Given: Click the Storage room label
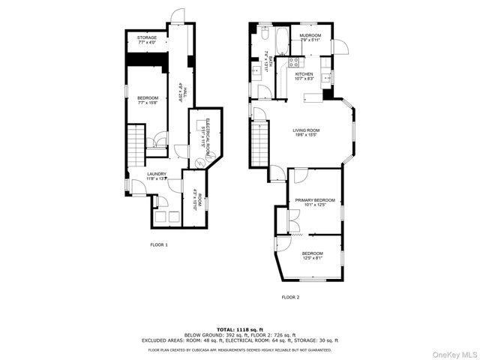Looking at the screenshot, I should (147, 39).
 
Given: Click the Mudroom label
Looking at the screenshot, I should (310, 38).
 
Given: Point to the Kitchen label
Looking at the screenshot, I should (304, 76).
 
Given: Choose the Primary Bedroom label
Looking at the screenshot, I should (314, 202).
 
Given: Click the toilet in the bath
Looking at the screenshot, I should (265, 34).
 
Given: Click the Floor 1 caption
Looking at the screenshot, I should (158, 244).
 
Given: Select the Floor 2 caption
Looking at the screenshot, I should (290, 297).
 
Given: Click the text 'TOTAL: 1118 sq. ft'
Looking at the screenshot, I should (240, 329).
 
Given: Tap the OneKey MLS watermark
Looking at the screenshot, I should (453, 352).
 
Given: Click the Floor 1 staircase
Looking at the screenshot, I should (136, 147).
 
